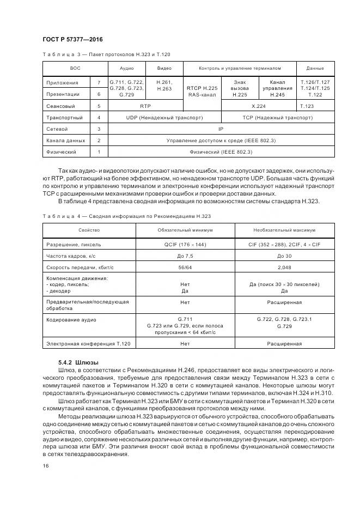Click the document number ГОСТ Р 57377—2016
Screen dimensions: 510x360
(72, 40)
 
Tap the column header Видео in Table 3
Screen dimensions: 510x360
(164, 68)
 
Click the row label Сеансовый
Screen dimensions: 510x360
(60, 106)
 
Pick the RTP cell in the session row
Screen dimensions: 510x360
(145, 106)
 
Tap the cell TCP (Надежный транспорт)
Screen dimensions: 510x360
(277, 117)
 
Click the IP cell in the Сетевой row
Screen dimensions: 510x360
(221, 129)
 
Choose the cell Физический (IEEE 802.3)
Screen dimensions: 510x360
(221, 152)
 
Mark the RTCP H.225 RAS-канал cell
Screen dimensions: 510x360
(202, 91)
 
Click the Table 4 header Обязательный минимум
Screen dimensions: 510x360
(185, 230)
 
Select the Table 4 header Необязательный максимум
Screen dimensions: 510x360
(282, 230)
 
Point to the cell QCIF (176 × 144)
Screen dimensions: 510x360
(185, 245)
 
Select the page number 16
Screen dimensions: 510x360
(45, 466)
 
